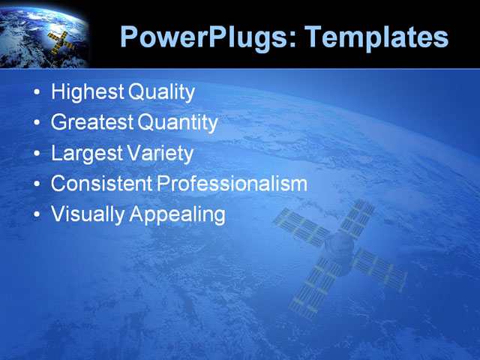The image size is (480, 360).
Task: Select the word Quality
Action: point(162,93)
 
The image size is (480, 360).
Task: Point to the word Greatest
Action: point(93,123)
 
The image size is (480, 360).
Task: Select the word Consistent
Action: point(102,184)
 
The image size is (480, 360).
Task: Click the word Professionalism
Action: point(232,184)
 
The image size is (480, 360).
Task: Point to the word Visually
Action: point(88,214)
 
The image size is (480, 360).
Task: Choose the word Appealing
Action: point(178,214)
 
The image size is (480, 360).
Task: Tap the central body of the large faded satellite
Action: point(337,247)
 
